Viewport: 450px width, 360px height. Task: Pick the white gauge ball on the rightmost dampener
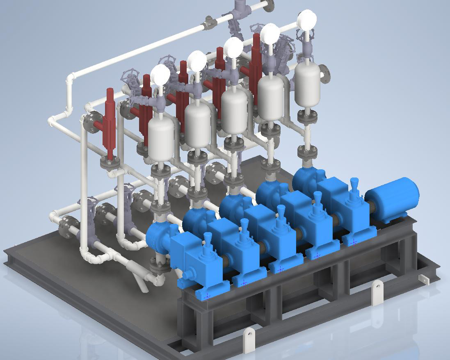pos(307,20)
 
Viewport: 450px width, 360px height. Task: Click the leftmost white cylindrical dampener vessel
pos(161,139)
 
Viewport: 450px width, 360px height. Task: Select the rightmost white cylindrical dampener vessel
pos(307,85)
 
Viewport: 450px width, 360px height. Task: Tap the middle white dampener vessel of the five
pos(234,111)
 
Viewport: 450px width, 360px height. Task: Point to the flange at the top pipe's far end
pos(269,5)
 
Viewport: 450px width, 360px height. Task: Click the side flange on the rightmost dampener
pos(324,73)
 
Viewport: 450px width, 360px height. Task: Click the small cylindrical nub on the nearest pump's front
pos(187,274)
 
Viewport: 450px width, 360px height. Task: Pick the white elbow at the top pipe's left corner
pos(71,77)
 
